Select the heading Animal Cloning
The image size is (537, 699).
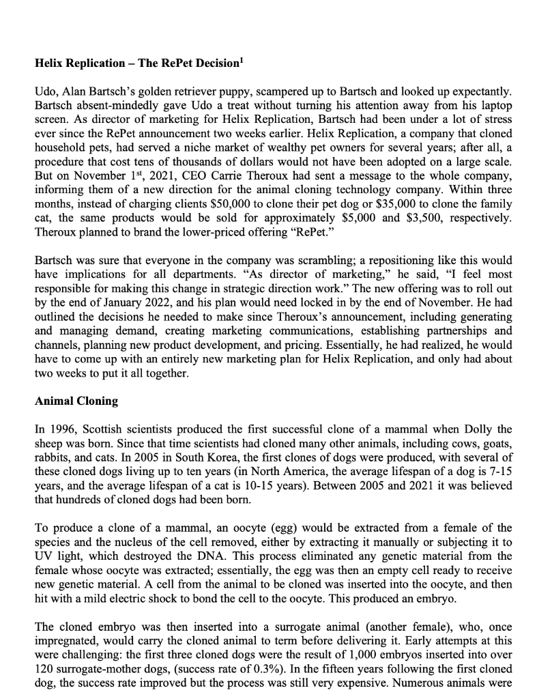coord(76,401)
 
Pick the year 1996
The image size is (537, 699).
coord(61,428)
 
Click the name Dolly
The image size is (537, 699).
coord(463,428)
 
